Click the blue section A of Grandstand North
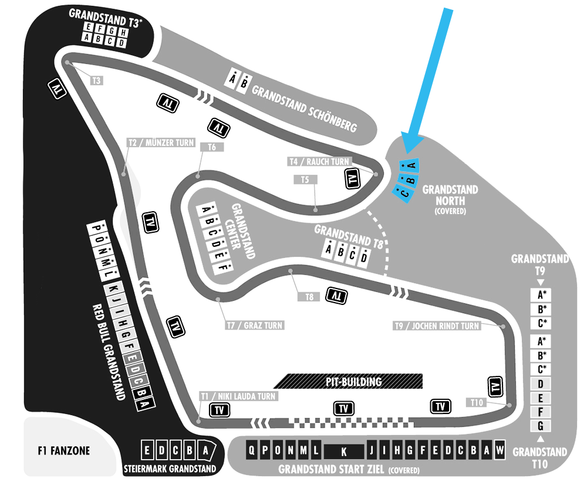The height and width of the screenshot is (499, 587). coord(409,165)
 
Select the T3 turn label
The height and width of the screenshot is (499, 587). coord(97,80)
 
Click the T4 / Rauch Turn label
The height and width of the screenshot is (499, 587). coord(319,162)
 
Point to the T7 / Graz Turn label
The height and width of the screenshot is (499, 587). coord(255,325)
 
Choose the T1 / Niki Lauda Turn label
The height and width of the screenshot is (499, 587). coord(238,396)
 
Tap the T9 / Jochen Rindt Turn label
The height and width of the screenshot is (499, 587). coord(437,326)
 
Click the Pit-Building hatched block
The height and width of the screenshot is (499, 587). coord(348,381)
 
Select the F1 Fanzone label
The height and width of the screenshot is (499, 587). coord(63,450)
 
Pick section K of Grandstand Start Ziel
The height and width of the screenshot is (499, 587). coord(343,452)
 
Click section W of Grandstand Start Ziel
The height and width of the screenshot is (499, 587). coord(500,450)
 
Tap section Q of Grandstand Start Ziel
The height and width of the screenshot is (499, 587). coord(252,450)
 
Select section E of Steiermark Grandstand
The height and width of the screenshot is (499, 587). coord(147,450)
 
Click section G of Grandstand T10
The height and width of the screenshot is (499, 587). coord(541,426)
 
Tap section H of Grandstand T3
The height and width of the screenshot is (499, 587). coord(123,33)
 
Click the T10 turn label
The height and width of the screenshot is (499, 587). coord(477,402)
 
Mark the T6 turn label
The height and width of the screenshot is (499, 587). coord(212,147)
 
